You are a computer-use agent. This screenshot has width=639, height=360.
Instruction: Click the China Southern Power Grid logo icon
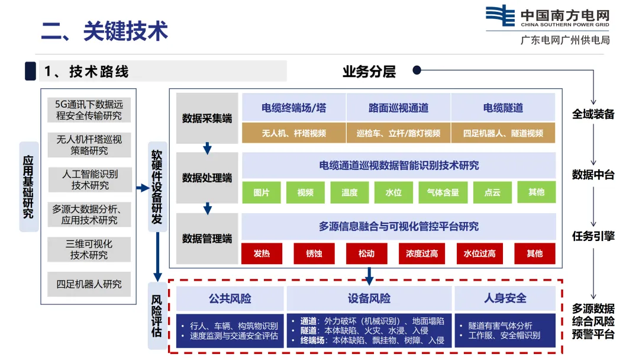[x=500, y=17]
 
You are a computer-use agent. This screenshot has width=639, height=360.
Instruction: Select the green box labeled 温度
[x=349, y=192]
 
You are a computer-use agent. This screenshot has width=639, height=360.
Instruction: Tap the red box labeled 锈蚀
[x=314, y=253]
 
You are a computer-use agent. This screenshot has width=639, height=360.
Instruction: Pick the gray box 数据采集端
[x=207, y=118]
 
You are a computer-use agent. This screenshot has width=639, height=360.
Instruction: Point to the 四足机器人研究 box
[x=89, y=284]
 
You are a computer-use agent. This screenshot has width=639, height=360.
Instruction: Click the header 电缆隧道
[x=503, y=108]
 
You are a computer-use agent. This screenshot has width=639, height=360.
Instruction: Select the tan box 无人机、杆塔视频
[x=294, y=133]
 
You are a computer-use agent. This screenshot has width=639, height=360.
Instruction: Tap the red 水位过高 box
[x=479, y=253]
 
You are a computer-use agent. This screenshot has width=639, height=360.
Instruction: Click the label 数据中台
[x=593, y=175]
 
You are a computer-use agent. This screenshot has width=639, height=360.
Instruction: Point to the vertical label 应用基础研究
[x=28, y=187]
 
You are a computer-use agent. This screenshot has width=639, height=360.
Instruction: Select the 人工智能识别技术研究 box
[x=90, y=179]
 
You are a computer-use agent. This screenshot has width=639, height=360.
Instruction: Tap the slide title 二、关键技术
[x=104, y=31]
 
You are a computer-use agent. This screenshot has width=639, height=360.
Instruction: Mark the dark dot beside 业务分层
[x=417, y=70]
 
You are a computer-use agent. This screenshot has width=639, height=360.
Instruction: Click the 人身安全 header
[x=505, y=298]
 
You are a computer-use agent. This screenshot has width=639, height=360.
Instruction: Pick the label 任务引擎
[x=593, y=236]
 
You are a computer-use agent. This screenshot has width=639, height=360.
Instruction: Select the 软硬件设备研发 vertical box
[x=157, y=187]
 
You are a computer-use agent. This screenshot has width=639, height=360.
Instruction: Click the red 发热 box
[x=262, y=253]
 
